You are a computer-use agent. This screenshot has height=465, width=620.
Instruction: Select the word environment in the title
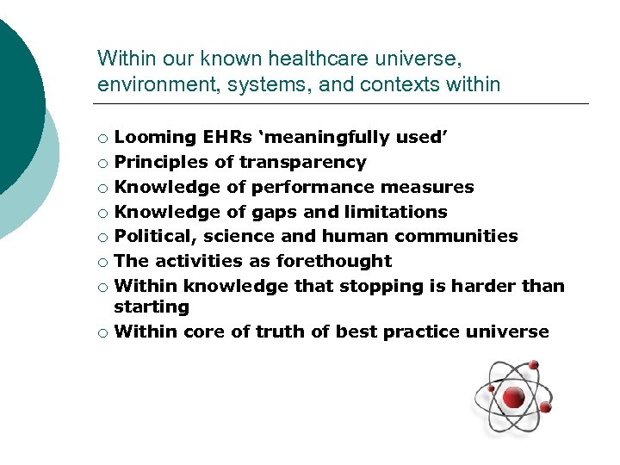(151, 84)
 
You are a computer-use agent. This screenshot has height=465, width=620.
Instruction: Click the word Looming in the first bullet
(155, 137)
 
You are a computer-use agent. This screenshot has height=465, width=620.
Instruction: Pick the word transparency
(302, 162)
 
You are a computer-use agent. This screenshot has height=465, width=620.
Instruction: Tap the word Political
(155, 236)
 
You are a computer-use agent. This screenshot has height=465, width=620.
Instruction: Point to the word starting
(152, 307)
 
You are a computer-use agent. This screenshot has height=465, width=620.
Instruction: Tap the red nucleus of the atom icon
(513, 397)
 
